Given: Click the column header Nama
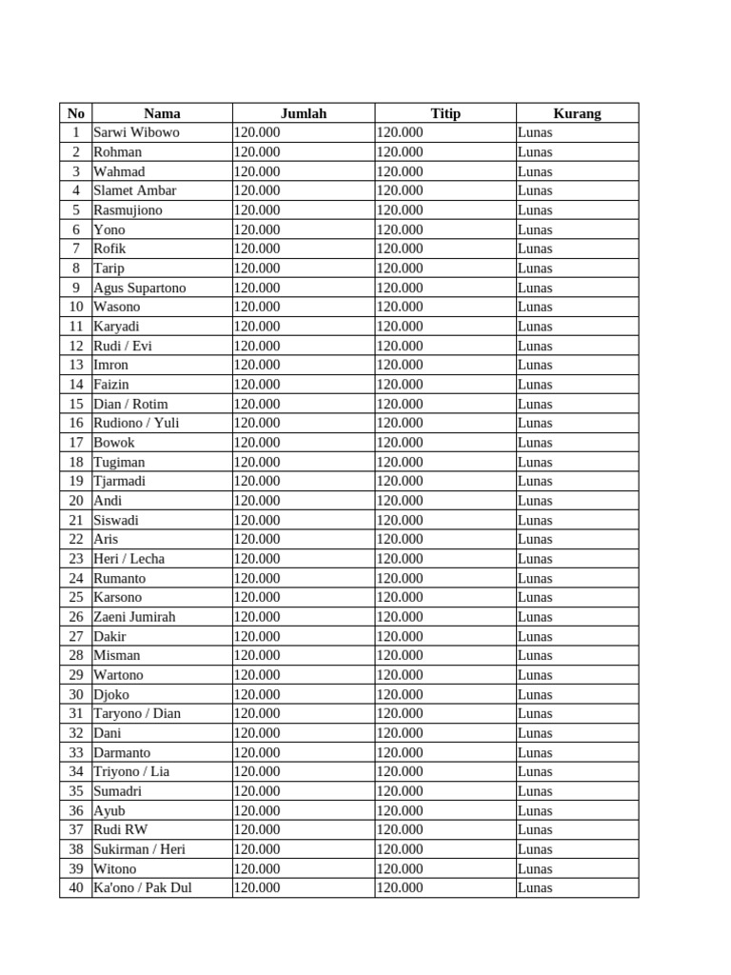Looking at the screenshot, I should (162, 113).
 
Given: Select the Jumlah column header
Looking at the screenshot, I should (304, 113).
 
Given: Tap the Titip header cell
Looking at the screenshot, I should (445, 113).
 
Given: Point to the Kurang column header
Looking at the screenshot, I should (577, 113).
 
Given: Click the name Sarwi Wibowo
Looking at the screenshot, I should (136, 132).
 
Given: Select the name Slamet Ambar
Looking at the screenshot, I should (134, 190).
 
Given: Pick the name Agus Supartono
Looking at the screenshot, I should (139, 288).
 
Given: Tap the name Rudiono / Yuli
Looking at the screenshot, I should (136, 423).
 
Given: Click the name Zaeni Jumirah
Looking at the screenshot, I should (134, 617).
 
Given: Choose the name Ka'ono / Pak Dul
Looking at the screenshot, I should (143, 888).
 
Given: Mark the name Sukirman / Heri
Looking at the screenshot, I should (139, 849).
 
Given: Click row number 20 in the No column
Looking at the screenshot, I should (76, 501).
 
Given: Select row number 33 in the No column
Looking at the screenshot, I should (76, 752).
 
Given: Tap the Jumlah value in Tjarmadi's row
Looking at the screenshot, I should (257, 481).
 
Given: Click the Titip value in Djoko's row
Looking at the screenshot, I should (400, 694).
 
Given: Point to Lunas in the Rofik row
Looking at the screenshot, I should (535, 249).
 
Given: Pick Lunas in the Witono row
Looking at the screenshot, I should (535, 868).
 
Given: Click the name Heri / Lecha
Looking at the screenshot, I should (128, 559).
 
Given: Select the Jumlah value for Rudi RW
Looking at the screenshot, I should (257, 829).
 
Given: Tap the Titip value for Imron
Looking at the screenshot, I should (400, 365).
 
